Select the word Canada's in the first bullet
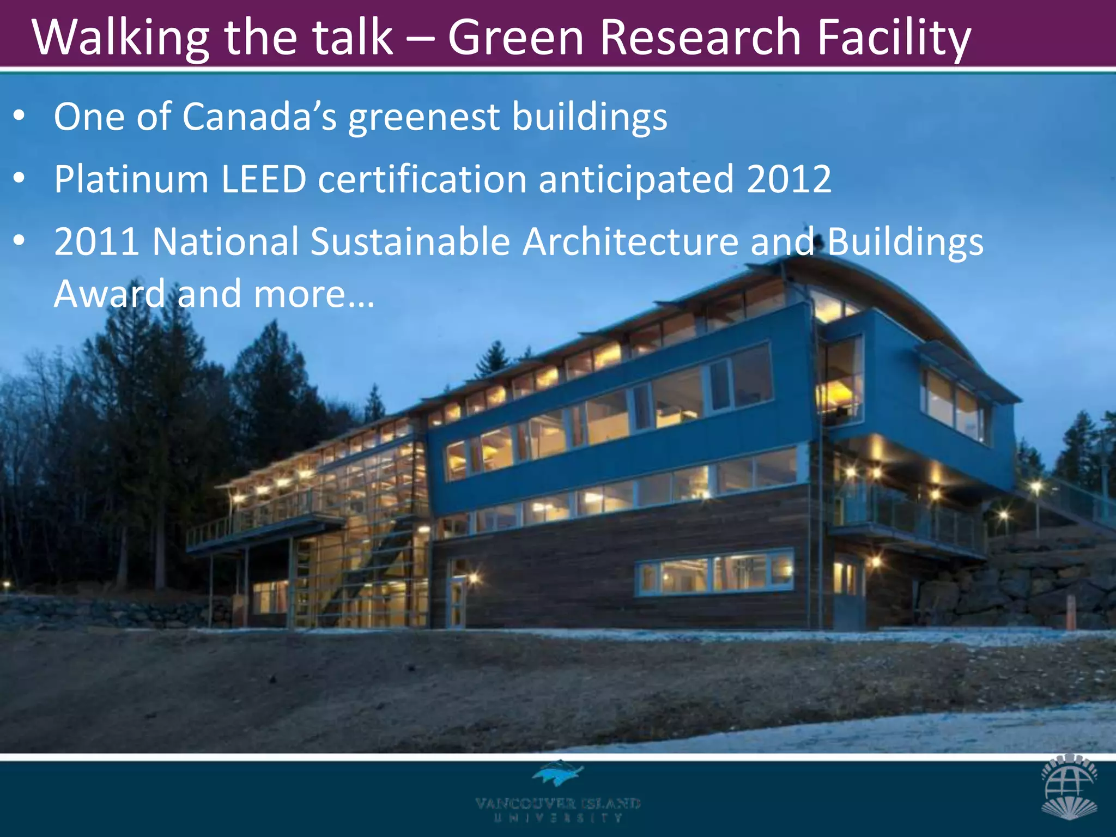[259, 117]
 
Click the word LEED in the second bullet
[264, 179]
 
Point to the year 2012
[789, 179]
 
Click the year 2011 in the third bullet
[96, 242]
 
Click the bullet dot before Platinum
[20, 178]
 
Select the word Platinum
[131, 179]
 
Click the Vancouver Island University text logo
[557, 809]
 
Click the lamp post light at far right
[1036, 487]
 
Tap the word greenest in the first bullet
[424, 117]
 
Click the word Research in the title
[700, 38]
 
